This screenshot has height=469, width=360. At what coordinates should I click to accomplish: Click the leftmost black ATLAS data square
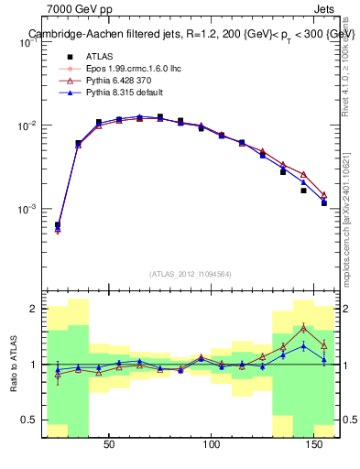pos(58,224)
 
